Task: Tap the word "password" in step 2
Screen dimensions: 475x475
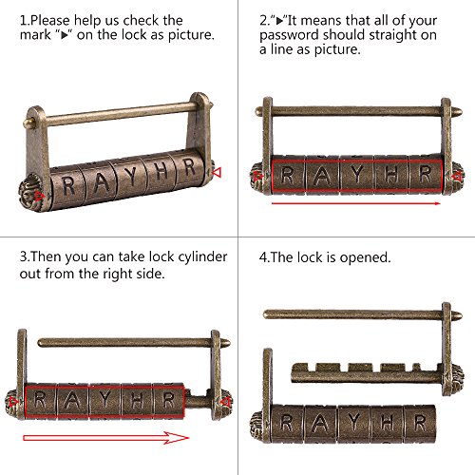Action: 289,35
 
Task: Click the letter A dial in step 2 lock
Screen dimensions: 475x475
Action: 322,175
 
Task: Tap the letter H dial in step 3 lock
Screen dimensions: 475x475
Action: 137,401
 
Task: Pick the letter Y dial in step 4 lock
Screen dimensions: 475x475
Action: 354,424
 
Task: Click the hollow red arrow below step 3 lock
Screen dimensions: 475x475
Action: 106,438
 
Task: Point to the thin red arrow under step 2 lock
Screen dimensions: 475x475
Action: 356,203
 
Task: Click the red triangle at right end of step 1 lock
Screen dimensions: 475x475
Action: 217,173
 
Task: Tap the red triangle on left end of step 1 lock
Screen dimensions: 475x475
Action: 39,197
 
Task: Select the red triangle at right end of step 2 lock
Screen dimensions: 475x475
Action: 457,177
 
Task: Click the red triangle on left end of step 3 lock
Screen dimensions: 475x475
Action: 13,402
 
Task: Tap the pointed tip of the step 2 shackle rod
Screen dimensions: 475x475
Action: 461,111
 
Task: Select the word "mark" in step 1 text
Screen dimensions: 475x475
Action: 35,35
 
